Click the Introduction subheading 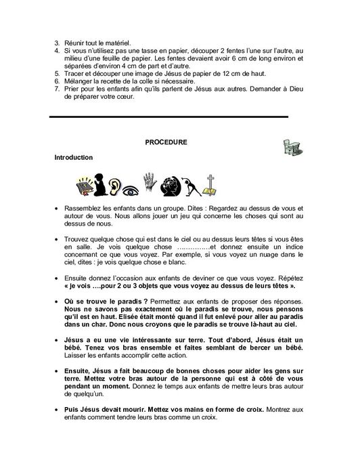pyautogui.click(x=74, y=157)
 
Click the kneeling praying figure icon pyautogui.click(x=99, y=184)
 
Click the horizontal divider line pyautogui.click(x=169, y=116)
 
